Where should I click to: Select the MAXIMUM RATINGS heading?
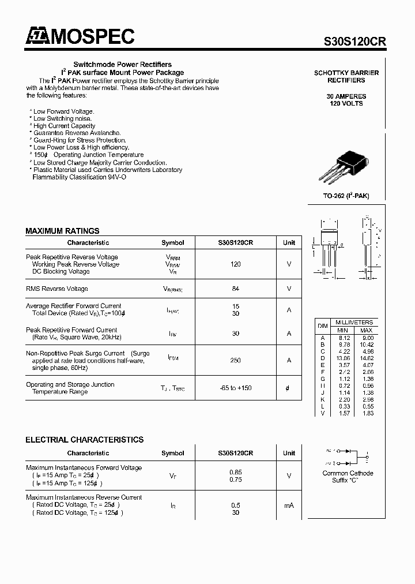point(62,231)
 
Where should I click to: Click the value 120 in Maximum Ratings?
point(235,264)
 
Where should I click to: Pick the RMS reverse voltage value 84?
point(235,289)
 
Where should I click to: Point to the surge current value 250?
point(235,360)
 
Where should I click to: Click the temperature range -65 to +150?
point(235,388)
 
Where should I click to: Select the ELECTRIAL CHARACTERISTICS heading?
point(84,440)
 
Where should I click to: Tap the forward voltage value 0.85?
point(235,472)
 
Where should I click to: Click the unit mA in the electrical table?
point(289,505)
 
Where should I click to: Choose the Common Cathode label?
point(348,473)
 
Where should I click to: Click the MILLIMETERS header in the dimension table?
point(354,322)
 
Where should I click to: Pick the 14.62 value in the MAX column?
point(367,358)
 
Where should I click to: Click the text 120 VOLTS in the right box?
point(346,103)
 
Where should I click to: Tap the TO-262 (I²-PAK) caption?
point(346,196)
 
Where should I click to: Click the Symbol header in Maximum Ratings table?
point(173,243)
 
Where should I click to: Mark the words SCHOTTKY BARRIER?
point(346,73)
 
